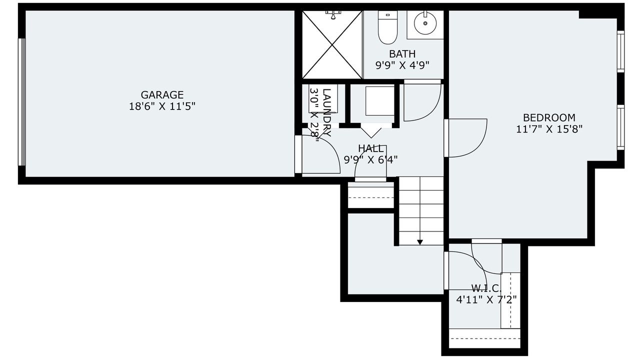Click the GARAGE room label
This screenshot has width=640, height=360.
coord(162,94)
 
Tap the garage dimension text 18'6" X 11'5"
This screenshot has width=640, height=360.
coord(162,106)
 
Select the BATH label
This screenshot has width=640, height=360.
coord(402,53)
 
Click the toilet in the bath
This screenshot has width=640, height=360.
coord(387,27)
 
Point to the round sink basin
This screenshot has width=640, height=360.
coord(425,23)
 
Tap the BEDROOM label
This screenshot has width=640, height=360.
coord(549,117)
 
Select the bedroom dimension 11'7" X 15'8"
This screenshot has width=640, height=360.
coord(549,129)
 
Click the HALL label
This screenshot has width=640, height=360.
coord(370,148)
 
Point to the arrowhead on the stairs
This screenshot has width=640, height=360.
coord(419,242)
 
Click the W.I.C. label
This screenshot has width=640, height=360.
coord(486,287)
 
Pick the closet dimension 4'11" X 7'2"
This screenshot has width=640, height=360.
coord(486,299)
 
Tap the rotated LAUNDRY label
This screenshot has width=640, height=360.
coord(326,112)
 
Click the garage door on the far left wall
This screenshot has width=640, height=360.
coord(22,102)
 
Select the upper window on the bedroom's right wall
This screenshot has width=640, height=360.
coord(620,51)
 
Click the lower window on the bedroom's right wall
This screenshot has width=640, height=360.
coord(620,127)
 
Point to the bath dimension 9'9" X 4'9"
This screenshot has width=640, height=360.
coord(402,65)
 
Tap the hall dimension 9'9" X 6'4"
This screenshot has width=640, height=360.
coord(370,159)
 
